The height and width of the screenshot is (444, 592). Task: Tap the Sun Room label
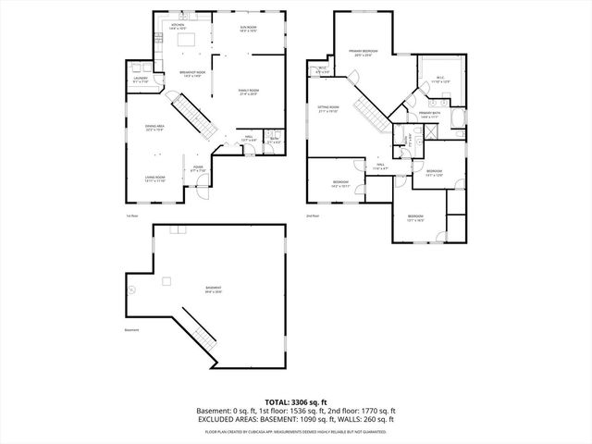pos(248,30)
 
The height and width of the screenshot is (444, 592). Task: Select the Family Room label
pos(249,91)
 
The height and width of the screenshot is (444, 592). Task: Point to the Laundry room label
pos(141,80)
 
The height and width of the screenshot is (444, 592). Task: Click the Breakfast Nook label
pos(192,75)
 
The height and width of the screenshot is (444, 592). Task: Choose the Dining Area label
pos(154,128)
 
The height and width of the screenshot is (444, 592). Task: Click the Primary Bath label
pos(430,116)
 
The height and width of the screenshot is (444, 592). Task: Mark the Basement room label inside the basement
pos(213,290)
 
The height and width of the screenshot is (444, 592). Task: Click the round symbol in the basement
pos(131,290)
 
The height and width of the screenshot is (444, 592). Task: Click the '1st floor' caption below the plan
pos(131,216)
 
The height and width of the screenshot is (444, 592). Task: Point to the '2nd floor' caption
pos(312,216)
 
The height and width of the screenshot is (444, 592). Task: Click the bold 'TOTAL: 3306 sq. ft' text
pos(296,402)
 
